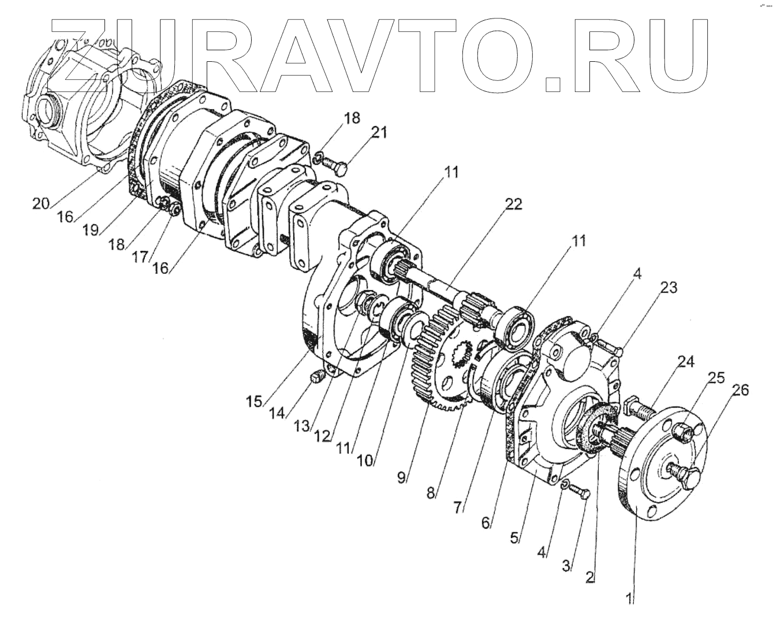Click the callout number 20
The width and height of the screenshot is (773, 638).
click(x=40, y=203)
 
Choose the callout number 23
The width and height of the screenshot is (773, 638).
click(x=669, y=287)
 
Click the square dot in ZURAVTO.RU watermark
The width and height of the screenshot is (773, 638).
click(x=553, y=84)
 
